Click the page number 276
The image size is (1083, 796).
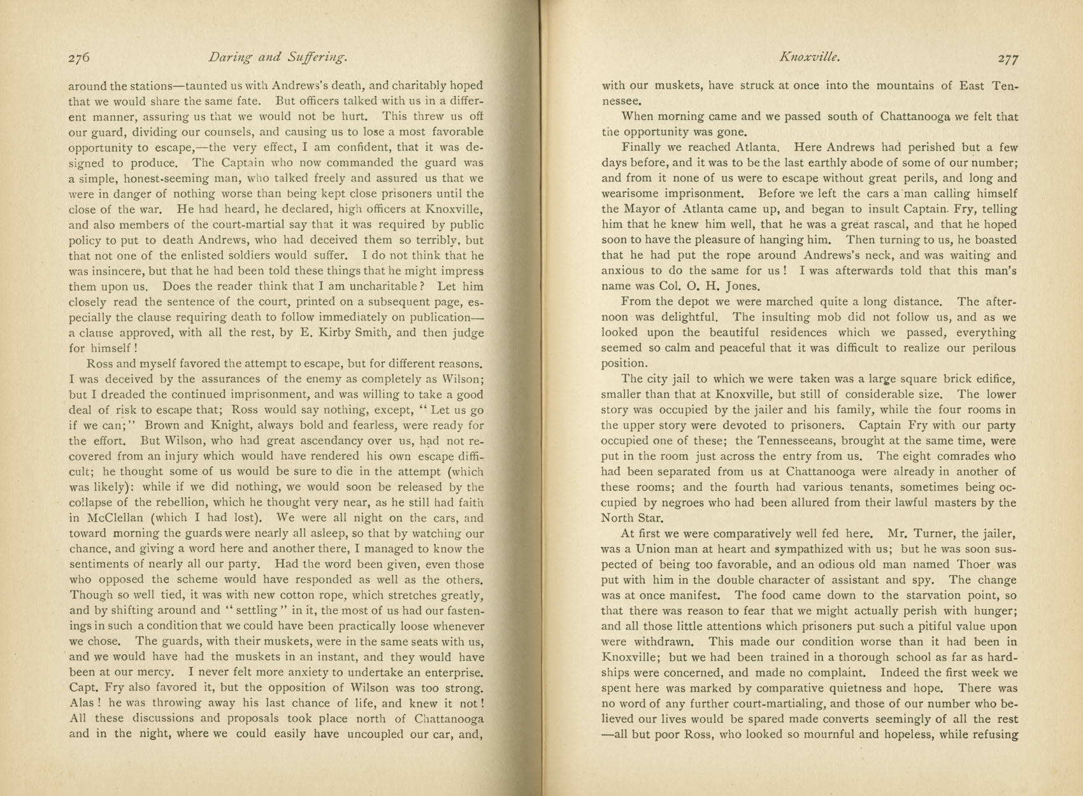point(79,57)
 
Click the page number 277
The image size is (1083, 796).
point(1007,59)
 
